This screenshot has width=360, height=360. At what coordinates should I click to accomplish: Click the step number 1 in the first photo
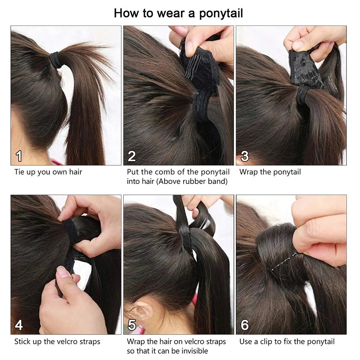(x=19, y=156)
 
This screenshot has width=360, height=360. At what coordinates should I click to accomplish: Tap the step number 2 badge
(x=132, y=156)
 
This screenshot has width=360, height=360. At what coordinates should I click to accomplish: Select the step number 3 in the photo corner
(x=245, y=156)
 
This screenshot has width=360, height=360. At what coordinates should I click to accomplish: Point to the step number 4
(x=19, y=325)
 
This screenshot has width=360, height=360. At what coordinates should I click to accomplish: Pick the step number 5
(x=132, y=325)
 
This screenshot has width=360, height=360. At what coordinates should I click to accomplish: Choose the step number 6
(x=245, y=325)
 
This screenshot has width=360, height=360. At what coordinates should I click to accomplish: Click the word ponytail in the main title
(x=221, y=14)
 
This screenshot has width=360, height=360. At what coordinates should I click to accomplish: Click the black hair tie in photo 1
(x=56, y=60)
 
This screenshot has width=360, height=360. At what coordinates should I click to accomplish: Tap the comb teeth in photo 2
(x=193, y=67)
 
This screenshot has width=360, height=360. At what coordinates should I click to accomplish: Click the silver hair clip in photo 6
(x=284, y=261)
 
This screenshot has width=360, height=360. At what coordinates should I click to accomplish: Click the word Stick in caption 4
(x=22, y=342)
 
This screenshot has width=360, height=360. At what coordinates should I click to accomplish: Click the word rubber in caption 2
(x=192, y=181)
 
